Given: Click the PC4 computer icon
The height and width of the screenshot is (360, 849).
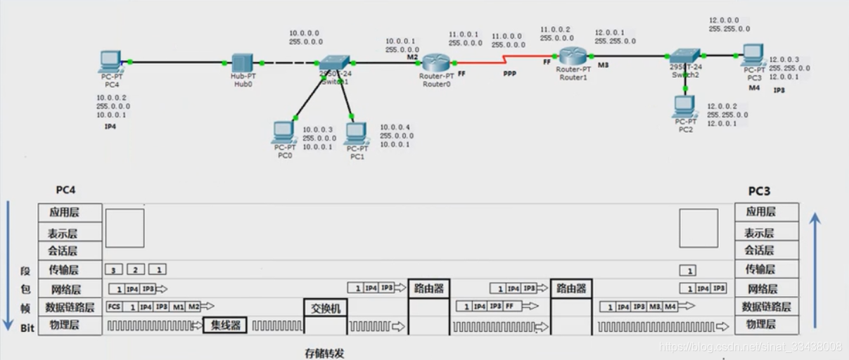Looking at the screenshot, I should point(109,61).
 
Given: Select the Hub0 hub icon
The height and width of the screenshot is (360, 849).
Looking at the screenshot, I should point(242,63).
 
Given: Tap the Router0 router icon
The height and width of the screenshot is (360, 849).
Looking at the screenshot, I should point(435,61).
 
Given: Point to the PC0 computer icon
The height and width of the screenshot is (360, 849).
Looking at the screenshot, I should point(283,132).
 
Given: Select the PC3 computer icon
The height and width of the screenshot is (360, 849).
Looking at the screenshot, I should point(753,54).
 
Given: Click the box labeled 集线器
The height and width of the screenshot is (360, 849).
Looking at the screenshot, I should point(225,326).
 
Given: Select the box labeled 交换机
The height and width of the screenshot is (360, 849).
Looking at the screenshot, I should point(325,308).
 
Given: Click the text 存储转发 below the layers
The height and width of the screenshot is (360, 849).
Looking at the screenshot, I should point(325,353).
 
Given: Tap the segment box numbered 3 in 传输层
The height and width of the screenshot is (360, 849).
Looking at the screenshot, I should point(113,269).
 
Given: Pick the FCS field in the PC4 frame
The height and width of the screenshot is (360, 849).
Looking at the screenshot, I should point(114,307).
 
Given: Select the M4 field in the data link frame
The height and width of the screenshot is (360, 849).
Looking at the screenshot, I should point(670,307).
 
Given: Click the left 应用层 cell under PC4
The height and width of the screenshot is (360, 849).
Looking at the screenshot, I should point(70,212).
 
